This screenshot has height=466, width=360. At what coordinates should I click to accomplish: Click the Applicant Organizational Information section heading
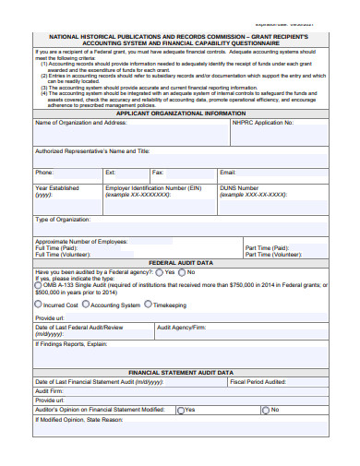click(180, 113)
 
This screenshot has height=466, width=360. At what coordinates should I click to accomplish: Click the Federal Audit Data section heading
click(180, 263)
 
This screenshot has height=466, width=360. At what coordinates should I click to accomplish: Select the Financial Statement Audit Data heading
click(180, 372)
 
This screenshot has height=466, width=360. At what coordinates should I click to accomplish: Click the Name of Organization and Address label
click(80, 122)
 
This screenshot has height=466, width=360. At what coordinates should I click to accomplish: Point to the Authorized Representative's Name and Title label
click(91, 150)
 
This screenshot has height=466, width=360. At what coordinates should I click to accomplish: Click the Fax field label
click(158, 173)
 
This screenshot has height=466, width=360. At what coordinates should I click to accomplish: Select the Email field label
click(228, 173)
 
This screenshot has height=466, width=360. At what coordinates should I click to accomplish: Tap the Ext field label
click(111, 173)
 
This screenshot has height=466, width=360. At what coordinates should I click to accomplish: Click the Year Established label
click(57, 187)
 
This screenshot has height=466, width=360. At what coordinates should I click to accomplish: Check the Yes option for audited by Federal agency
click(160, 272)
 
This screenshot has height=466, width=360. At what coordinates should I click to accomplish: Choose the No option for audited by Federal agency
click(182, 272)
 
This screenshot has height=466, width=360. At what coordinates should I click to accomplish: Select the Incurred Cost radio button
click(38, 305)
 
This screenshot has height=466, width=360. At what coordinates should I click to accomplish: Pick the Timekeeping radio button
click(149, 305)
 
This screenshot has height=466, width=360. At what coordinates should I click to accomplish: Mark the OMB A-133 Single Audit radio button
click(38, 287)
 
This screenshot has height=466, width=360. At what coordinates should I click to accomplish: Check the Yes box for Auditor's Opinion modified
click(181, 409)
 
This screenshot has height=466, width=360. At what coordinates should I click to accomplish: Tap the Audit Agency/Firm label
click(181, 327)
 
